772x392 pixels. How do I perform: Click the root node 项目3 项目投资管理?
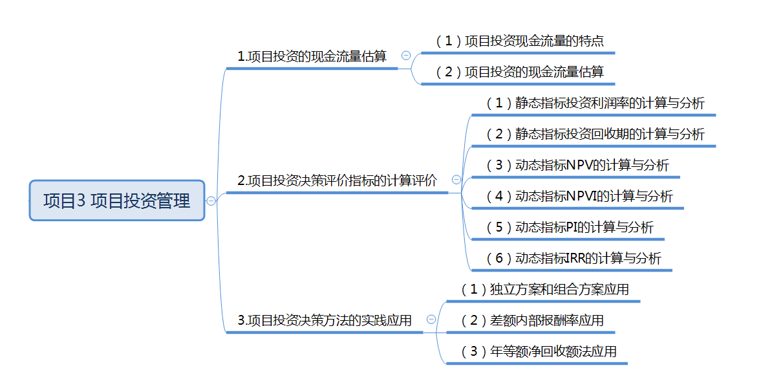click(117, 201)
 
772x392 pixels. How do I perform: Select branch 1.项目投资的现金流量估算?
click(312, 57)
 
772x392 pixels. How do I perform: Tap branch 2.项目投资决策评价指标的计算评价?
click(337, 181)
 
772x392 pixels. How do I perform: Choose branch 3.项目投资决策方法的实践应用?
click(325, 320)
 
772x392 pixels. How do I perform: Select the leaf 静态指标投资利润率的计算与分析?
click(595, 103)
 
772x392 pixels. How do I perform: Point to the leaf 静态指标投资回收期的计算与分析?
click(595, 135)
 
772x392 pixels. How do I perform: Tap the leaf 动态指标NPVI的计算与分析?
click(579, 196)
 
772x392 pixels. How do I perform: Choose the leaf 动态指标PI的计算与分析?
click(570, 227)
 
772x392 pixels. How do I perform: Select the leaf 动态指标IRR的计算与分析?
click(574, 259)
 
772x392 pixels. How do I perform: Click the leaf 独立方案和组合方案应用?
click(544, 290)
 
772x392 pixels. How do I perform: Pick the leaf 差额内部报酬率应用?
click(532, 321)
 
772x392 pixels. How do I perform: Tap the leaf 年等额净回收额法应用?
click(539, 352)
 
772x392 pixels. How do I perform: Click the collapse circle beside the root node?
click(211, 201)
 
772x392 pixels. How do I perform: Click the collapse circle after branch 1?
click(405, 56)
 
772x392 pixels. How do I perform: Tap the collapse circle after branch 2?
click(456, 180)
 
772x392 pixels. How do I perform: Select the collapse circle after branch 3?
click(431, 319)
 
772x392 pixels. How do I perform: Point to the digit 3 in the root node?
click(81, 201)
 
